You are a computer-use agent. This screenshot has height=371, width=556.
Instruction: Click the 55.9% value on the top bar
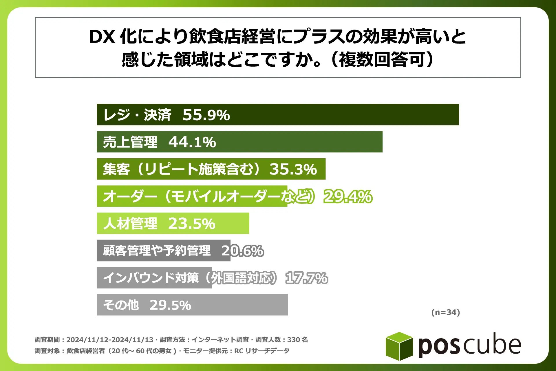click(206, 115)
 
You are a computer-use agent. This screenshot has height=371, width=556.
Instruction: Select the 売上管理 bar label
click(130, 142)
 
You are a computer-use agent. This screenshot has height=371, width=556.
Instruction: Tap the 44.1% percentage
click(192, 142)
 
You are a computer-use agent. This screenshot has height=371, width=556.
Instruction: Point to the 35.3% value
click(293, 169)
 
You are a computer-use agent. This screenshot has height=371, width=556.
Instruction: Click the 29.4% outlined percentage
click(348, 197)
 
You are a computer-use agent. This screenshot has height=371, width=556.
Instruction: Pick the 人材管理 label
click(130, 223)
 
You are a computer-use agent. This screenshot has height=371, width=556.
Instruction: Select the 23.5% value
click(192, 223)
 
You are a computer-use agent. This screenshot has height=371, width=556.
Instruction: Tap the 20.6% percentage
click(243, 251)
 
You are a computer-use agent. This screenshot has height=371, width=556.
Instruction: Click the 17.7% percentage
click(307, 278)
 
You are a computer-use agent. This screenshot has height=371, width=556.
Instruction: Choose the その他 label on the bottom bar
click(121, 305)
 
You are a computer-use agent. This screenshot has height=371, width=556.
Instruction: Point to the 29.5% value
click(170, 305)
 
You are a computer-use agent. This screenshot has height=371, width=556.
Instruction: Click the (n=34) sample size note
click(445, 312)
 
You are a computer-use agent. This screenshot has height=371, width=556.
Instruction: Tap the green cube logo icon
click(399, 346)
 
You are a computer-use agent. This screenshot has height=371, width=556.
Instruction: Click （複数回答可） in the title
click(382, 59)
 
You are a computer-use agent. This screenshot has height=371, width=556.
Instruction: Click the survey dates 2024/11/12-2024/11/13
click(110, 340)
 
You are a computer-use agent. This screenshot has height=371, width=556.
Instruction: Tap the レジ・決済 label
click(137, 115)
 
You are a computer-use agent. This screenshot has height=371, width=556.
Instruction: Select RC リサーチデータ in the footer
click(261, 351)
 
